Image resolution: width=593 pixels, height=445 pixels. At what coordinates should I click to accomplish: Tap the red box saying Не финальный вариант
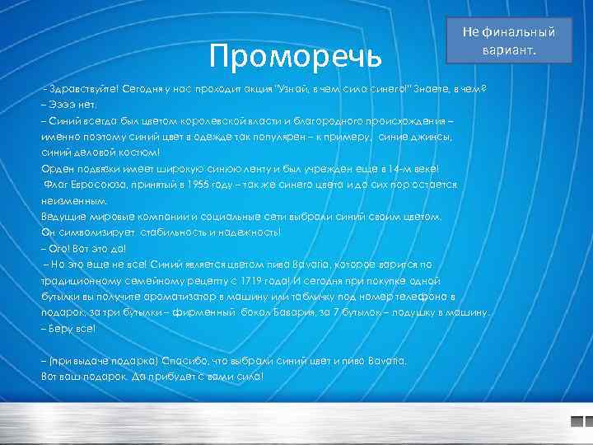point(508,40)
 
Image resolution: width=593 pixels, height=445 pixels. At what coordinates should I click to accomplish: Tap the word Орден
point(57,169)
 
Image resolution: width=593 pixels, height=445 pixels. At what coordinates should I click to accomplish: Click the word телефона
point(427,297)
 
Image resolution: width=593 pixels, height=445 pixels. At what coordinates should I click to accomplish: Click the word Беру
point(62,329)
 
